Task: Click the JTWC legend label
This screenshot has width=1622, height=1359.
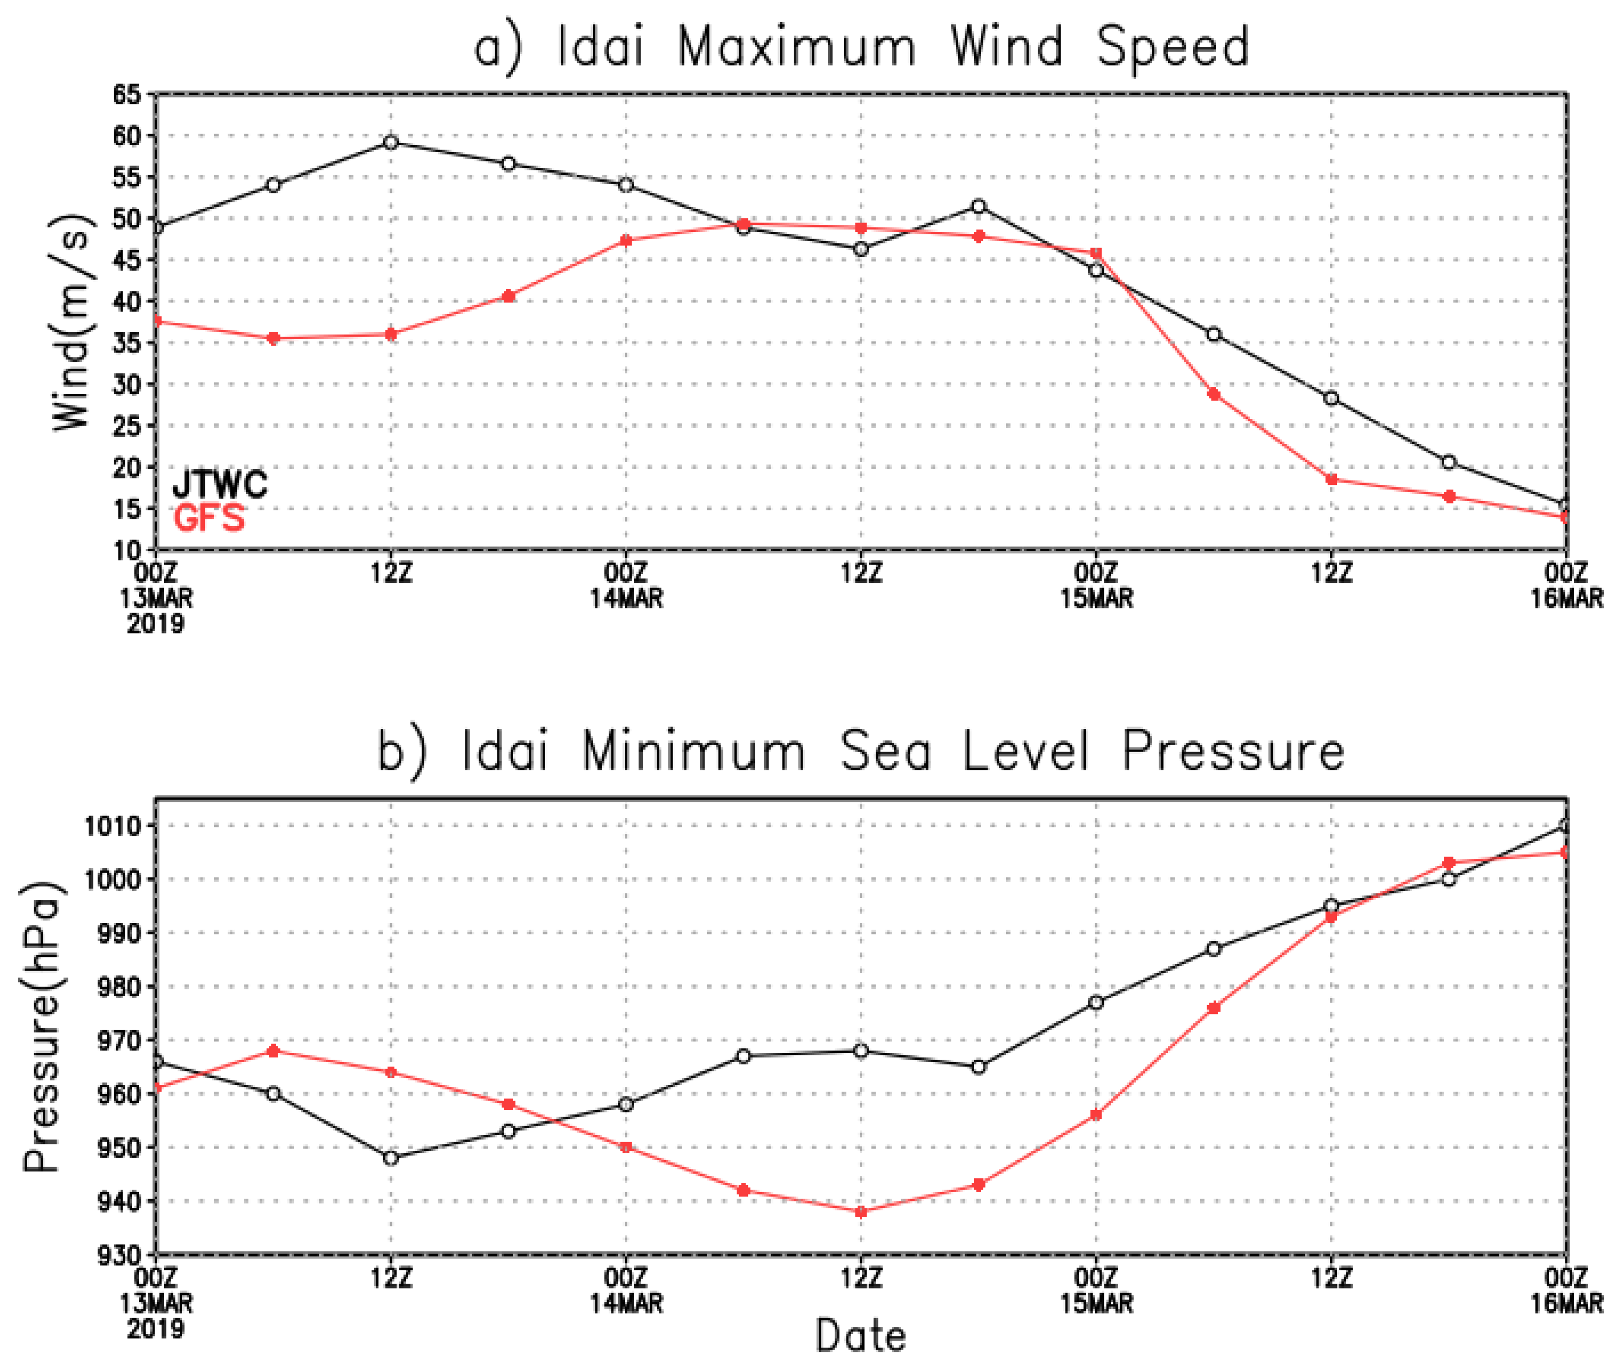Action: point(219,484)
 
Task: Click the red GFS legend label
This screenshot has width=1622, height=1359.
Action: point(209,517)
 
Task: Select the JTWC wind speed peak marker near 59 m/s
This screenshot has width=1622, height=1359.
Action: point(391,142)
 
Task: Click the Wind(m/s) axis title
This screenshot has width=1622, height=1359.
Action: point(73,323)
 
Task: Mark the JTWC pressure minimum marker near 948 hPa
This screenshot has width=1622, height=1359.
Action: point(391,1158)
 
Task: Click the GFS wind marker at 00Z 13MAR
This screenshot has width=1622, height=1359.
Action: point(157,320)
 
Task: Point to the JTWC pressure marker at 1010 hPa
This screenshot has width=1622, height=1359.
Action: point(1565,825)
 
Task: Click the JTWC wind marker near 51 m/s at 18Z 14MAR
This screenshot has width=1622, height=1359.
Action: point(978,206)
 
